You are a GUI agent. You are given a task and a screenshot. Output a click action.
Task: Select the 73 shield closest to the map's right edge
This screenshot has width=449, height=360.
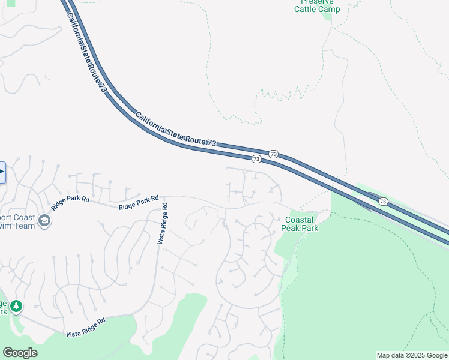click(x=383, y=202)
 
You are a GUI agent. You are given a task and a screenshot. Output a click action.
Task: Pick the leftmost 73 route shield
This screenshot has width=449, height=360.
click(x=256, y=159)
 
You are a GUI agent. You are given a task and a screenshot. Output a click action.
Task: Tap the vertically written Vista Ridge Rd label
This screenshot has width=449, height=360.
click(x=162, y=223)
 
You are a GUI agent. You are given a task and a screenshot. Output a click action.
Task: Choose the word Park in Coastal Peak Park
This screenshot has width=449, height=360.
click(x=310, y=228)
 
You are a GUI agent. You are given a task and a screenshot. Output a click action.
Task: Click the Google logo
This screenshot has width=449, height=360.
click(x=20, y=353)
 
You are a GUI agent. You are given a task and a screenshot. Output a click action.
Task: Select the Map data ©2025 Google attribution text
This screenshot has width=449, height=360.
click(x=412, y=355)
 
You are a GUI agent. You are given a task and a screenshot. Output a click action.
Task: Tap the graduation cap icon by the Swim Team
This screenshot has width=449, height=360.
click(x=44, y=221)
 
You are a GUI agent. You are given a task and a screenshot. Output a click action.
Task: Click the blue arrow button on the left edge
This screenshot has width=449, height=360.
click(x=2, y=172)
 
